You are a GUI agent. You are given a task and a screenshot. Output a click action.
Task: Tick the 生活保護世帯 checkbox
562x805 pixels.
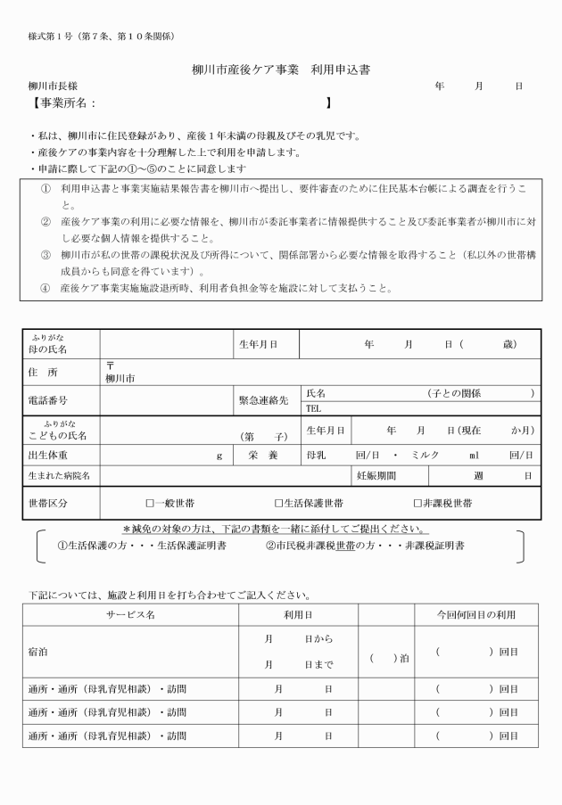(279, 504)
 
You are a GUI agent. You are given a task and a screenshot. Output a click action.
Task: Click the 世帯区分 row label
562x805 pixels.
(49, 504)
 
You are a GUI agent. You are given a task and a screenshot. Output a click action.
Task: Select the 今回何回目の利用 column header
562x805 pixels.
(475, 615)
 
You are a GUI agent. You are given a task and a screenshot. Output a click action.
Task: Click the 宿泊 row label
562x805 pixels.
(38, 652)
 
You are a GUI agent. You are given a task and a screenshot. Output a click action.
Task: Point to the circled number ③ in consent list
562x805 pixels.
(45, 253)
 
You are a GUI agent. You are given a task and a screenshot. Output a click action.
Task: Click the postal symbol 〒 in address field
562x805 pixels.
(110, 366)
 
